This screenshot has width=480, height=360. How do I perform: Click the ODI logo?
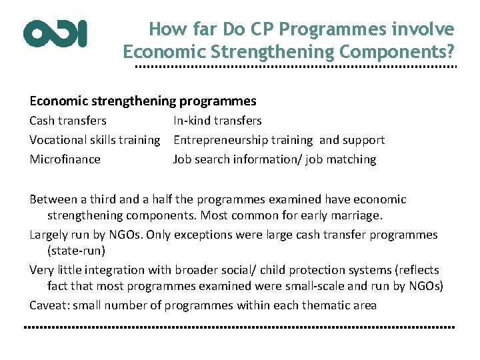coord(55,33)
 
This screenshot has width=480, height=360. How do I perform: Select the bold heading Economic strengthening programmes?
coord(143,101)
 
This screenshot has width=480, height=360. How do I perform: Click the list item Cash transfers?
coord(68,121)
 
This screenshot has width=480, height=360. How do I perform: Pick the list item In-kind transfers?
coord(217,121)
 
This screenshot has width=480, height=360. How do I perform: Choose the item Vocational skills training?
coord(95,140)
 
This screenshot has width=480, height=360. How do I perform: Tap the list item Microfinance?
coord(65,159)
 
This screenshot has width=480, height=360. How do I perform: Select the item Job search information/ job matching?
coord(275,159)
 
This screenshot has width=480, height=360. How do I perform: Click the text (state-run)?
coord(75,251)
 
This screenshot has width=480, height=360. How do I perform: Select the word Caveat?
coord(49,305)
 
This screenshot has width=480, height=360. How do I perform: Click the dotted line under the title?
coord(296,68)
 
